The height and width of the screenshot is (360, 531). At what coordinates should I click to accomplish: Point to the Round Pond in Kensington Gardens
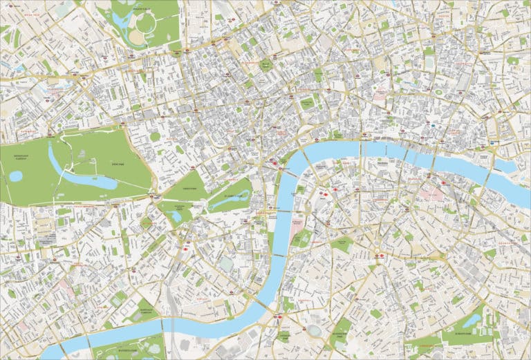pos(15,176)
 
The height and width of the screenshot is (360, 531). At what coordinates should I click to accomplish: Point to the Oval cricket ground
pos(315,330)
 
